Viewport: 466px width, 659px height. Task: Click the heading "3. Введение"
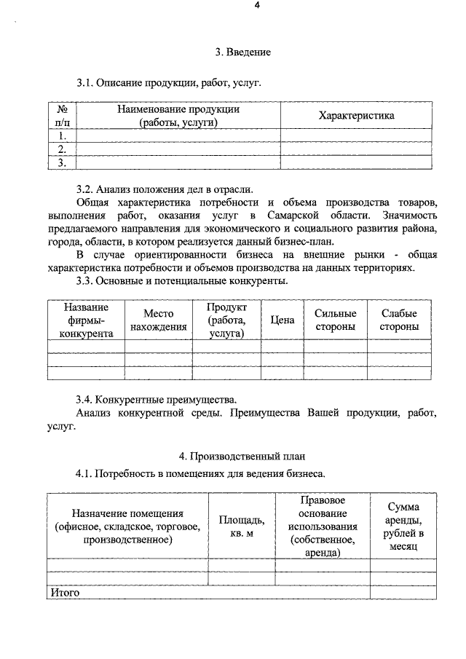242,52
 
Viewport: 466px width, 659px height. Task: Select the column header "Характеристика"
356,116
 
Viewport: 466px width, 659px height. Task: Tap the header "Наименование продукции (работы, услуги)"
178,116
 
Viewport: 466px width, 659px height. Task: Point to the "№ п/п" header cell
63,116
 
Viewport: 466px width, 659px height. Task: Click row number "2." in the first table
63,149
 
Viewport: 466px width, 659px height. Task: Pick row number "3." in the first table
63,162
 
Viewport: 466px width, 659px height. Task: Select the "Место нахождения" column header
158,320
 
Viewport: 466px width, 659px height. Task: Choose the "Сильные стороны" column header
335,320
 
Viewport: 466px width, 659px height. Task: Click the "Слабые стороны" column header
399,320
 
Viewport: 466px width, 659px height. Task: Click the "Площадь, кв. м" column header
241,527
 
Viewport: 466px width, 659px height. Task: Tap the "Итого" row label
64,592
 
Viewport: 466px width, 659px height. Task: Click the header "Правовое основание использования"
322,527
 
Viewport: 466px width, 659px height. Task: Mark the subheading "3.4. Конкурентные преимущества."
157,400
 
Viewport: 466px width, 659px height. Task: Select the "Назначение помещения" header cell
127,527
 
